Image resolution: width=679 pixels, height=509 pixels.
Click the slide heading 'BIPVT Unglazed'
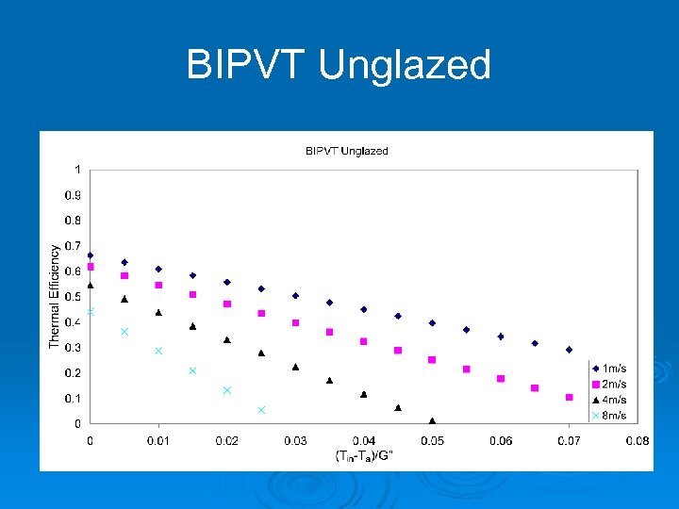(339, 66)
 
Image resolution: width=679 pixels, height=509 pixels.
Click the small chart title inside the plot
(346, 151)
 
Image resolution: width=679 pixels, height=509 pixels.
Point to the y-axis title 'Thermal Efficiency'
(55, 296)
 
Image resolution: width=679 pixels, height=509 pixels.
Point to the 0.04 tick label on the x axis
(364, 440)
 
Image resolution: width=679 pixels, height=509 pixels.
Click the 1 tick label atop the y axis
(77, 170)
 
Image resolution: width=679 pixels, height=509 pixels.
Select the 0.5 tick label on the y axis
(73, 297)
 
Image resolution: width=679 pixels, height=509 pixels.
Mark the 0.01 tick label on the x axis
(158, 440)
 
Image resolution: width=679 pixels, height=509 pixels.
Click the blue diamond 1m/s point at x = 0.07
(569, 350)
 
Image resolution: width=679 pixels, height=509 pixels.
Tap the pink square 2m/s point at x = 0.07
(569, 397)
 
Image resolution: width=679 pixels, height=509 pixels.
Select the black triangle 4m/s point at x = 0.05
(432, 420)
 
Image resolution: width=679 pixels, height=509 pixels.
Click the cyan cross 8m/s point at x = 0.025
(261, 410)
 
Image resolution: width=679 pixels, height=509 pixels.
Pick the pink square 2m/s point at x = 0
(91, 267)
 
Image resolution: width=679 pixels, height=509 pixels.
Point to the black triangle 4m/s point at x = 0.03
(295, 367)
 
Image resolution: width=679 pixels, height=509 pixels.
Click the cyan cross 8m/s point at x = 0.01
(158, 351)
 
